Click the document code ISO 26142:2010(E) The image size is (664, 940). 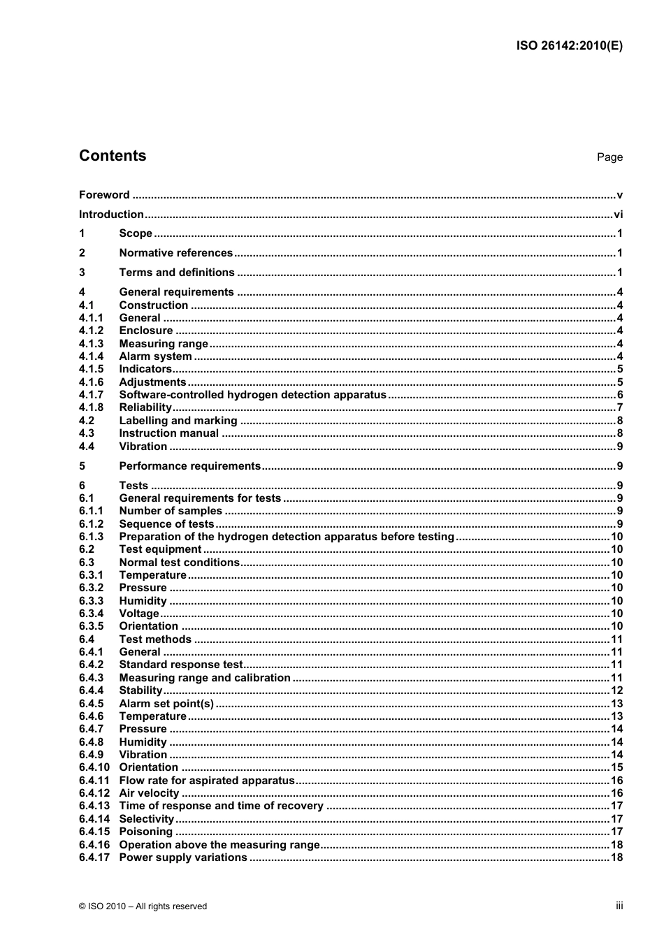pos(569,46)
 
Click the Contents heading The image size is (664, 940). pos(113,156)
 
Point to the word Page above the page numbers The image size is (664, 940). pos(609,157)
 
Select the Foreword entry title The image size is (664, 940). pos(104,195)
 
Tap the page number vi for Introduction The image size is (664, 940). pos(618,215)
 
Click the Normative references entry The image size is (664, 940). pos(175,253)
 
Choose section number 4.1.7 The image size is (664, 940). pos(91,395)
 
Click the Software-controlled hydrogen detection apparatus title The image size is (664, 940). pos(252,395)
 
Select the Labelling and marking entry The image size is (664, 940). pos(178,421)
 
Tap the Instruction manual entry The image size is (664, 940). pos(168,433)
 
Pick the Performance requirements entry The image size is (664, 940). pos(189,466)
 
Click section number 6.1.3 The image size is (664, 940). pos(91,537)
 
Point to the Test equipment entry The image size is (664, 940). pos(160,549)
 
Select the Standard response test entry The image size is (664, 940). pos(181,665)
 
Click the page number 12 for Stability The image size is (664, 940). pos(616,690)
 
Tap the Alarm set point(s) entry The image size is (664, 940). pos(166,704)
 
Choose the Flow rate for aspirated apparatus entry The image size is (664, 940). pos(207,781)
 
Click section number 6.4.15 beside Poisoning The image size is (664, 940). pos(94,832)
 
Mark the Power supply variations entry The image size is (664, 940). pos(183,858)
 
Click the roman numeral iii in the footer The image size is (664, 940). pos(619,906)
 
